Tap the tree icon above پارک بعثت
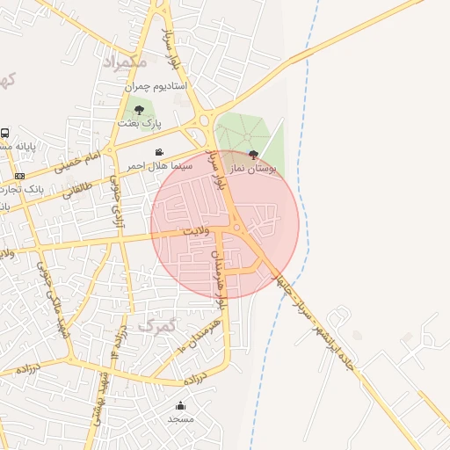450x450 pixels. (x=139, y=109)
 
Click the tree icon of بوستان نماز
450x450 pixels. (x=254, y=155)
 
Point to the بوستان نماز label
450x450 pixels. (x=254, y=167)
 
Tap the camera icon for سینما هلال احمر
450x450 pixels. (x=159, y=152)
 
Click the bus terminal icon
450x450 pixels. (x=5, y=134)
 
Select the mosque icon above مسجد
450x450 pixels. (x=180, y=405)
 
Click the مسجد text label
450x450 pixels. (x=180, y=419)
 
